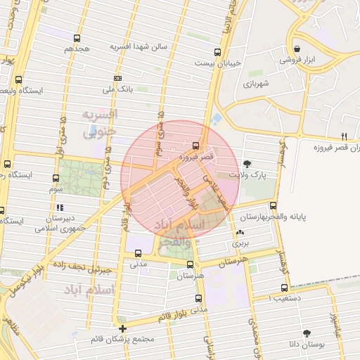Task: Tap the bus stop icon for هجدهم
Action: pyautogui.click(x=77, y=38)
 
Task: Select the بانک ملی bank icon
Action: pyautogui.click(x=117, y=78)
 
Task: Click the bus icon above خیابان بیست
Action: pyautogui.click(x=217, y=52)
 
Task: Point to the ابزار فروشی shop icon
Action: pyautogui.click(x=298, y=49)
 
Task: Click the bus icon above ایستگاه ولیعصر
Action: pyautogui.click(x=18, y=79)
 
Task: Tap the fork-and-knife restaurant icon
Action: pyautogui.click(x=344, y=136)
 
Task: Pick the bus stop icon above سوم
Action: pyautogui.click(x=56, y=179)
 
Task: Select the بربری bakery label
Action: pyautogui.click(x=241, y=243)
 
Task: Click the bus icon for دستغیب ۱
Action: pyautogui.click(x=284, y=288)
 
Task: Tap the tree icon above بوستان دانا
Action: pyautogui.click(x=306, y=333)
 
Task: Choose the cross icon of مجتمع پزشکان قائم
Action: pyautogui.click(x=123, y=328)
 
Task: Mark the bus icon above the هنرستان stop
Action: pyautogui.click(x=190, y=264)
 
